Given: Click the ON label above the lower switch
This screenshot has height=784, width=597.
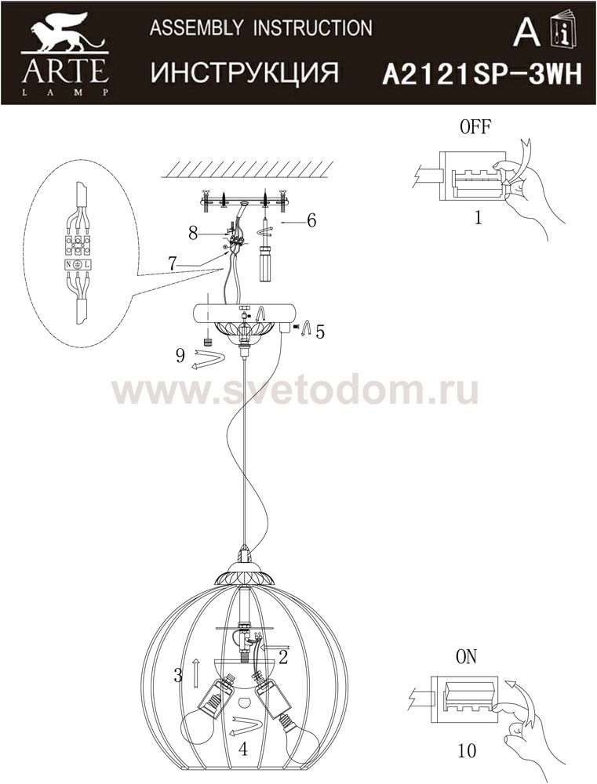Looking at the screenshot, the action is coord(467,656).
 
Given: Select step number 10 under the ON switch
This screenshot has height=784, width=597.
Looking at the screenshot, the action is coord(467,750).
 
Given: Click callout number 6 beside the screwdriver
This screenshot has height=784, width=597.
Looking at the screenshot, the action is coord(311,220).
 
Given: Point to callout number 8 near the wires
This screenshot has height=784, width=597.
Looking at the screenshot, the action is coord(194,234).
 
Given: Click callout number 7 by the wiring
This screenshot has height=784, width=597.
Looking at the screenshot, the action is coord(172,263).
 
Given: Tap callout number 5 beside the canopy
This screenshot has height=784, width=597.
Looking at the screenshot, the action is coord(320,331).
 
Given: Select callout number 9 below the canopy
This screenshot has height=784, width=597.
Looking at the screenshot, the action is coord(180,355).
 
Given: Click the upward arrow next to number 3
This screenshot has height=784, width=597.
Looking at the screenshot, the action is coord(196,672).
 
